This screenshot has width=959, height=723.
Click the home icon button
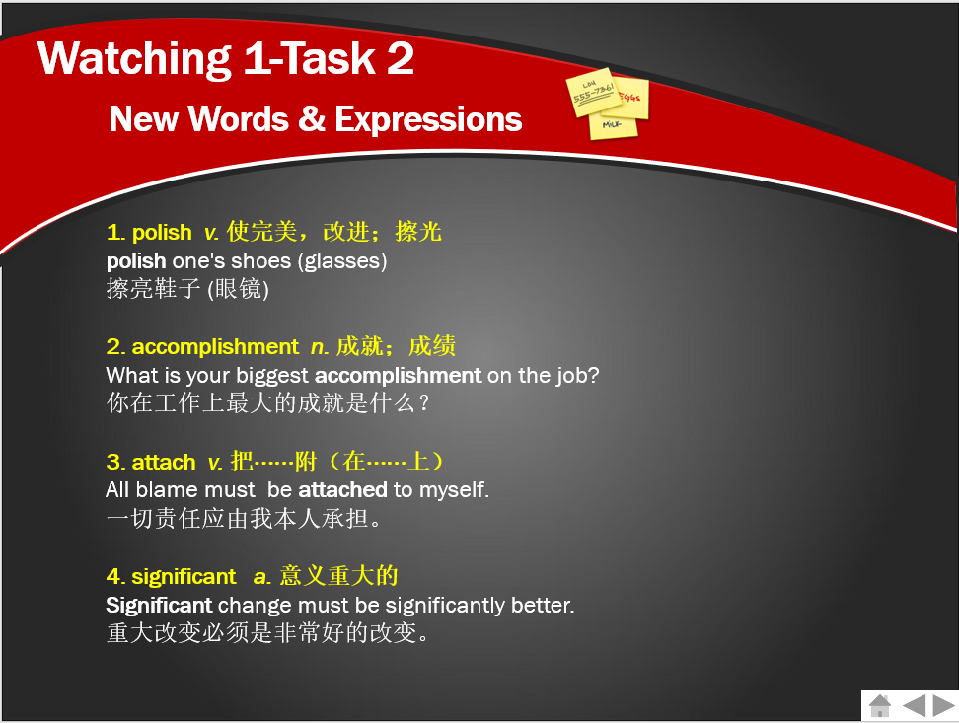(x=879, y=705)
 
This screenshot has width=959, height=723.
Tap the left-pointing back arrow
(x=914, y=705)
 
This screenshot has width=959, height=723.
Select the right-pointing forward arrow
(x=944, y=705)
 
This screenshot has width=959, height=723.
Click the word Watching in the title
(x=134, y=59)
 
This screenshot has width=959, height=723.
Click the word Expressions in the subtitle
(x=428, y=118)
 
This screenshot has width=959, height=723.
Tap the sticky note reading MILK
(x=613, y=126)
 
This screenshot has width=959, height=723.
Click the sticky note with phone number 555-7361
(x=593, y=92)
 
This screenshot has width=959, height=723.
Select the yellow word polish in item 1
(x=162, y=233)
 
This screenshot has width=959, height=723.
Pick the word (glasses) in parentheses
(x=342, y=261)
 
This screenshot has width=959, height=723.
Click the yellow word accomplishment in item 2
(x=215, y=347)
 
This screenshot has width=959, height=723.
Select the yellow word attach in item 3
(x=164, y=462)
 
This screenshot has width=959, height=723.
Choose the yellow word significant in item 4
(x=184, y=577)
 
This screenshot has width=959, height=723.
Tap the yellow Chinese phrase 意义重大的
(x=338, y=576)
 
